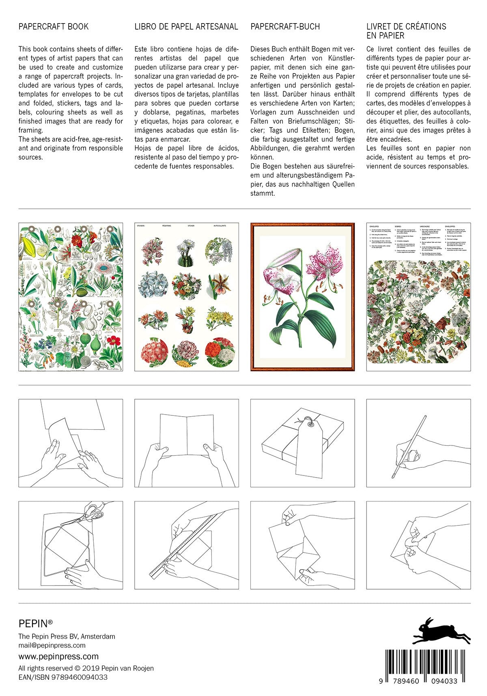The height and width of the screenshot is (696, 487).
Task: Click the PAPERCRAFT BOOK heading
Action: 53,27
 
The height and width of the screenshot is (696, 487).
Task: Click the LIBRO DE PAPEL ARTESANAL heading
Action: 186,27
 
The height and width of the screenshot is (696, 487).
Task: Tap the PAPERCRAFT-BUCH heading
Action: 285,27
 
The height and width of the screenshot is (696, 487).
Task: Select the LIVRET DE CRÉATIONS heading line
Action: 406,27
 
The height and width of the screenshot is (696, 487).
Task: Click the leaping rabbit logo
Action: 442,631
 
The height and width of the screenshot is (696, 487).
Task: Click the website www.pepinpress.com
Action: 58,657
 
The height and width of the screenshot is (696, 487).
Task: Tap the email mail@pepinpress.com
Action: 52,645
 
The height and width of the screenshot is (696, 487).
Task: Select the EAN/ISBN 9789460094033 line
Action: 63,677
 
